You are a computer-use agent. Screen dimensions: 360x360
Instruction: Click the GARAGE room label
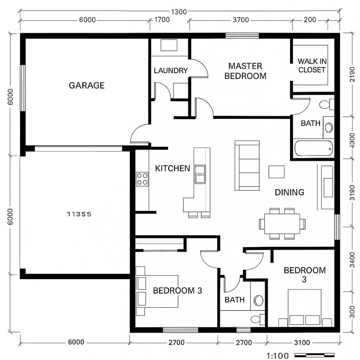point(86,85)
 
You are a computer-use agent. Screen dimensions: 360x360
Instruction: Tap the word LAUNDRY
point(170,71)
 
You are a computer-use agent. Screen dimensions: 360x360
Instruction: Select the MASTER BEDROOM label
point(245,71)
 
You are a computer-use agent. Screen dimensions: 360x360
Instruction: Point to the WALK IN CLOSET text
point(312,65)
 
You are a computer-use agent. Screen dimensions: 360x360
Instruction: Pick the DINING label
point(289,192)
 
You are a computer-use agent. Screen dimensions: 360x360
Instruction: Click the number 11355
point(79,214)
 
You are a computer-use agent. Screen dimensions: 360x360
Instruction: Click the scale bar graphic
point(314,355)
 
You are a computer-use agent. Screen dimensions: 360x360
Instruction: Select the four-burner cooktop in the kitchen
point(142,178)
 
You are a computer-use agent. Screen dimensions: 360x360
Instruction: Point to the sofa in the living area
point(247,165)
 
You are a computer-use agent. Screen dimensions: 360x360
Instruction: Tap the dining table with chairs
point(280,223)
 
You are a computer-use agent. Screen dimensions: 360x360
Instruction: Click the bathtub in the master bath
point(314,148)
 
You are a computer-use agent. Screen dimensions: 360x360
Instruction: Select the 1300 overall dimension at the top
point(180,12)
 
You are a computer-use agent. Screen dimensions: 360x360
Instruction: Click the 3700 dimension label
point(241,20)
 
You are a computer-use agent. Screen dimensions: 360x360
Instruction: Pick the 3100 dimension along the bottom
point(302,342)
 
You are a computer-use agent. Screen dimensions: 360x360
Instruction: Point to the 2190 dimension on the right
point(352,76)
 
